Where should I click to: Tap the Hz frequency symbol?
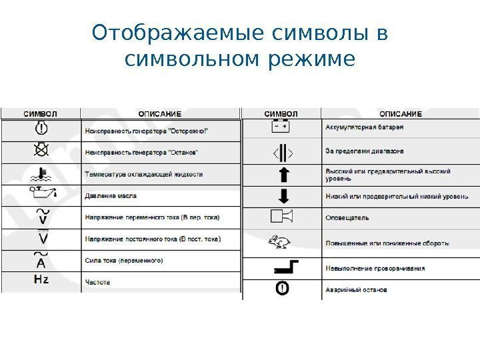41,280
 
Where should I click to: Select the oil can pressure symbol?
41,195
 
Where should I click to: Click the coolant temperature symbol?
41,173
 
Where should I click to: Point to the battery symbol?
281,126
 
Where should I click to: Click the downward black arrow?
282,196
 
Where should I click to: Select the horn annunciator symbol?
281,217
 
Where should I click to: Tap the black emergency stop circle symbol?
282,289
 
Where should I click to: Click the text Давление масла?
111,196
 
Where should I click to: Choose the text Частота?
98,282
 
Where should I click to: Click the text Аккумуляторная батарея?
364,127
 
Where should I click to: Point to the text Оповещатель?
347,217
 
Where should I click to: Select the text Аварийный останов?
355,290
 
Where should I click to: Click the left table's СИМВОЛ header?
41,113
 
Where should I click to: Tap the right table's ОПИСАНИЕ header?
401,113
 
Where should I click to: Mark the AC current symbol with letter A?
41,260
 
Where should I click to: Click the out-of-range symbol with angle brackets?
282,153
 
